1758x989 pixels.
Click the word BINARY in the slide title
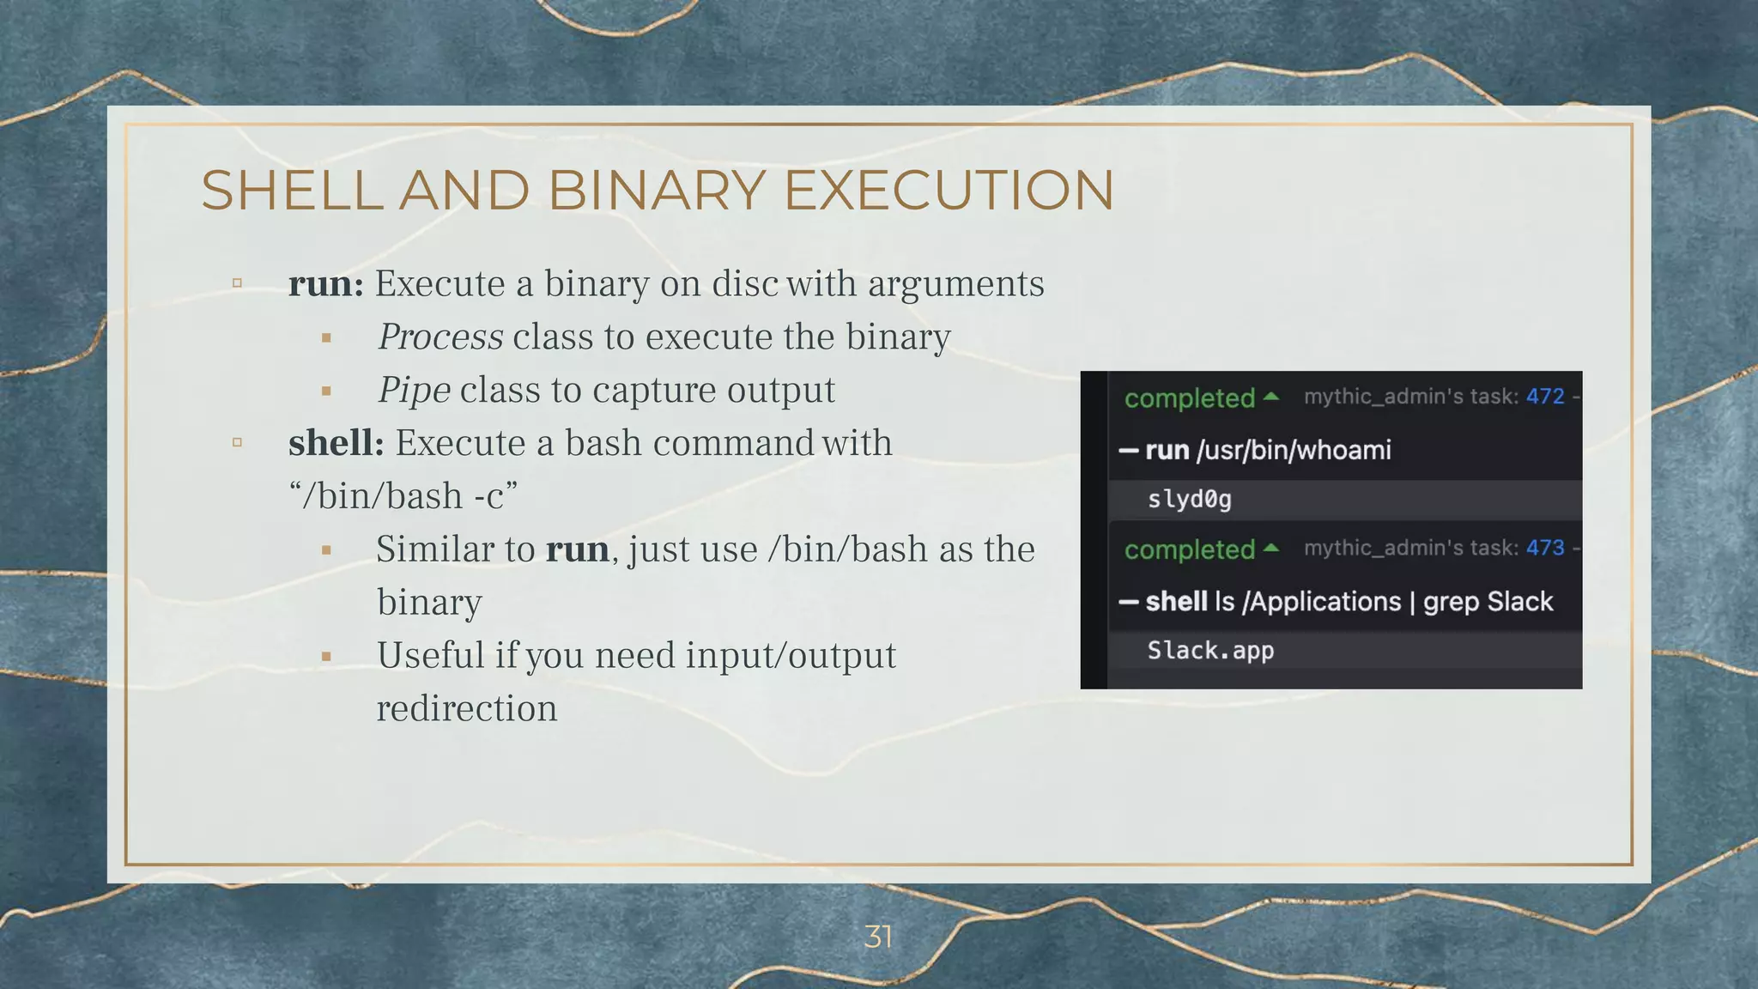656,190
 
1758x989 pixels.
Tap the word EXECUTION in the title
949,190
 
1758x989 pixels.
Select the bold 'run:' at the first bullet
326,284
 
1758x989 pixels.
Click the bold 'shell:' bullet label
336,444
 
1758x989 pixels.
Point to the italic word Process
440,337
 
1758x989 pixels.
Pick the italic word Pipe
414,391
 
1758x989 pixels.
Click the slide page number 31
878,937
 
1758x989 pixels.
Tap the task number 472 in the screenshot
1544,397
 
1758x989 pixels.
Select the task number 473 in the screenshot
1544,548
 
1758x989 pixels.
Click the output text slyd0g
1189,500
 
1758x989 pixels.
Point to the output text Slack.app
1210,651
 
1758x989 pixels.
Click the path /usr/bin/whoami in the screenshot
1294,450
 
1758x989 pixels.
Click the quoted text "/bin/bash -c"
403,496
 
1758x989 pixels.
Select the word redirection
467,709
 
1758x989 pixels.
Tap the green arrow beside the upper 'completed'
1271,397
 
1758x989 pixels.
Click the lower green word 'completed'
1190,549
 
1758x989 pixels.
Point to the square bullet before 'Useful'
326,657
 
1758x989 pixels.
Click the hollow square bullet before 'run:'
237,283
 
